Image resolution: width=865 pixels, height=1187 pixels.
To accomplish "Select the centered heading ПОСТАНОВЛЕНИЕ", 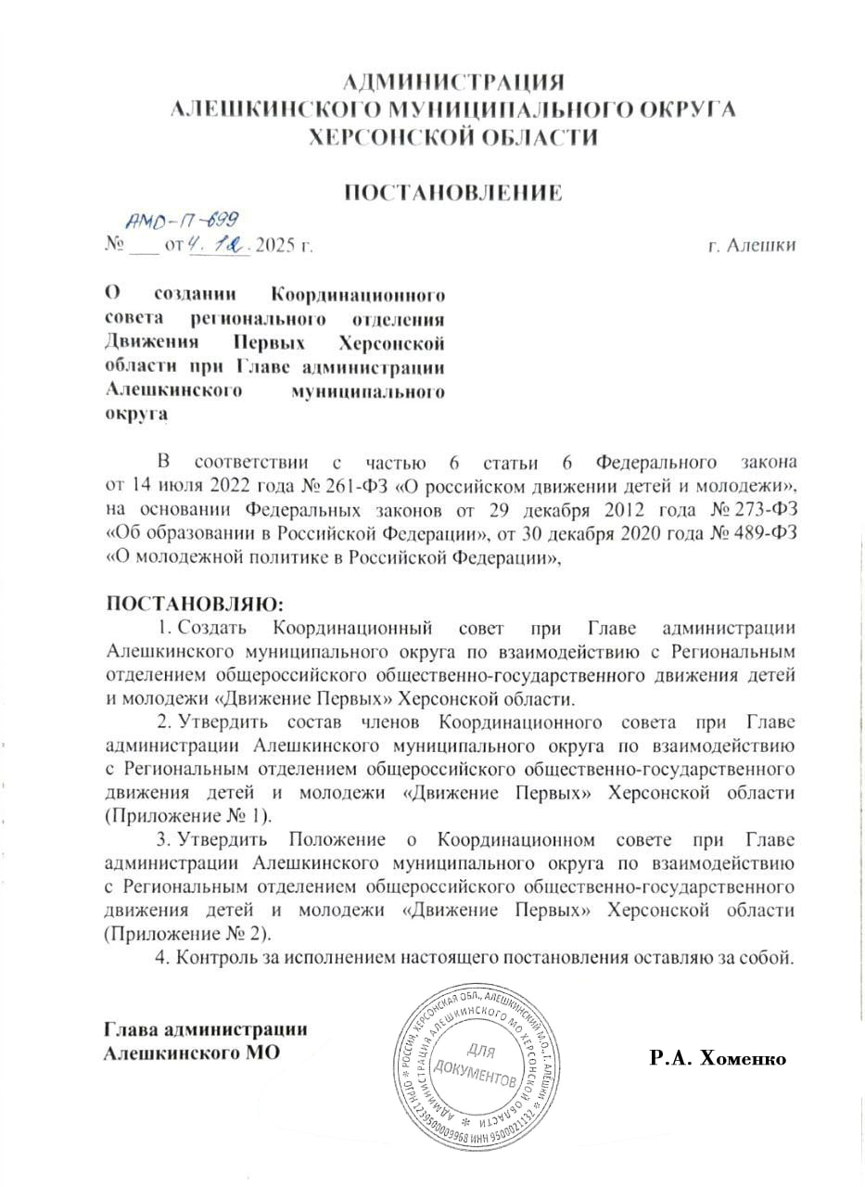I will click(453, 193).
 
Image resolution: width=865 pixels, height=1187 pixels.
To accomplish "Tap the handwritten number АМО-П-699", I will click(183, 219).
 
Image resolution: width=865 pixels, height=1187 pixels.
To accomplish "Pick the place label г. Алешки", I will click(751, 247).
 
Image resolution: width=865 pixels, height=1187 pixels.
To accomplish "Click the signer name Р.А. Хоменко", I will click(718, 1058).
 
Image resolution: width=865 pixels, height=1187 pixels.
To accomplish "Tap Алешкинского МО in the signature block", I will click(191, 1053).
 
